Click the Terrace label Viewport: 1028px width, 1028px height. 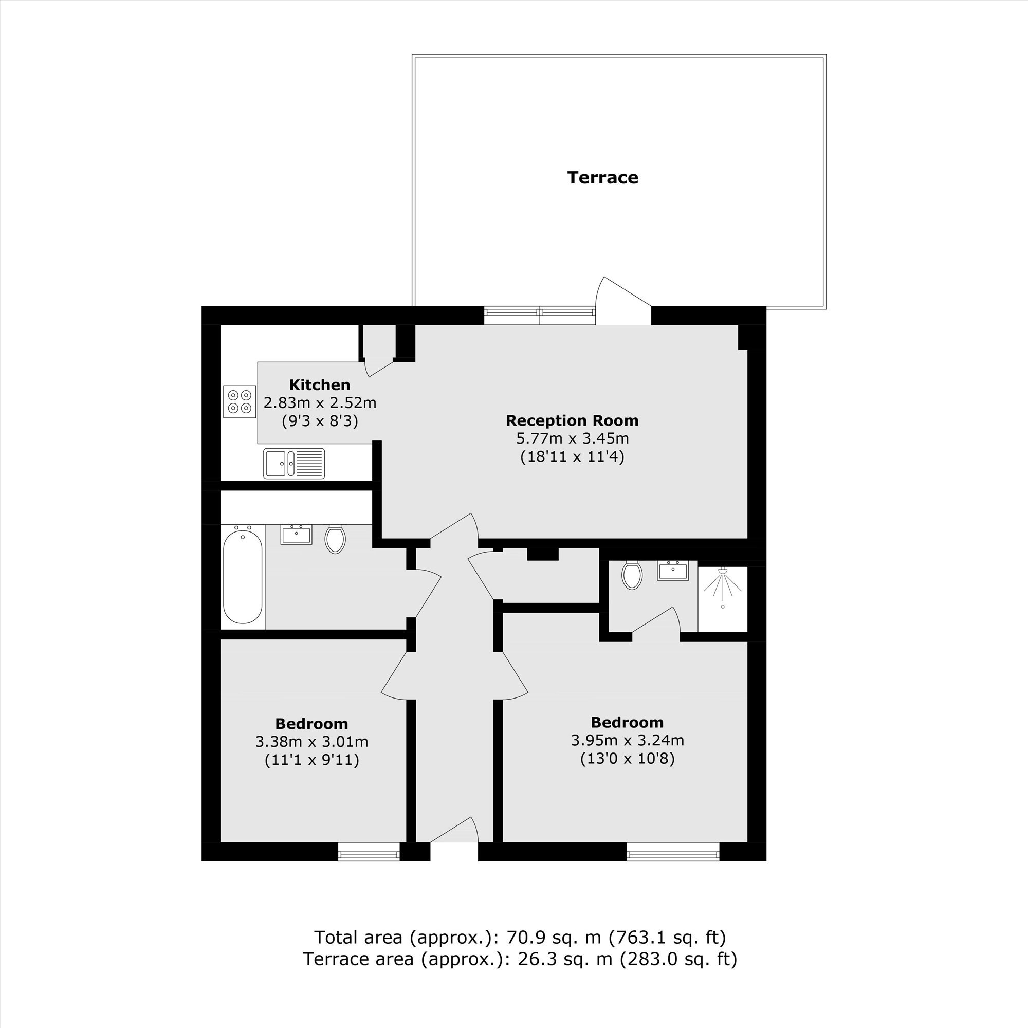pos(602,177)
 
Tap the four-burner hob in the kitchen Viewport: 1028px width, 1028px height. pos(240,402)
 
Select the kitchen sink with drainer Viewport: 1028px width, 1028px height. pos(293,463)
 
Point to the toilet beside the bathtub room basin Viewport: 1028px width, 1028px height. pos(335,539)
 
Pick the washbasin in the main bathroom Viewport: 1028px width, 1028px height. pos(297,535)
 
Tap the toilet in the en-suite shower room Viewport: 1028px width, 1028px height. pos(632,574)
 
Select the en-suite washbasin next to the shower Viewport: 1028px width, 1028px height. pos(673,571)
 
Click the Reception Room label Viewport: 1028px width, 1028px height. pos(572,420)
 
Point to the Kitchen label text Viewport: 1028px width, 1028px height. pos(320,384)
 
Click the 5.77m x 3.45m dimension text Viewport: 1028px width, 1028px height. pos(573,438)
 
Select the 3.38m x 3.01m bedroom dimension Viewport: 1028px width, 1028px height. pos(312,741)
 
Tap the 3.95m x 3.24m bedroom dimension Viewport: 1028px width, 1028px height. pos(627,740)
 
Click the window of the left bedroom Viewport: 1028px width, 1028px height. pos(369,851)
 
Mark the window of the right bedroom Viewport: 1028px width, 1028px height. pos(673,851)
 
